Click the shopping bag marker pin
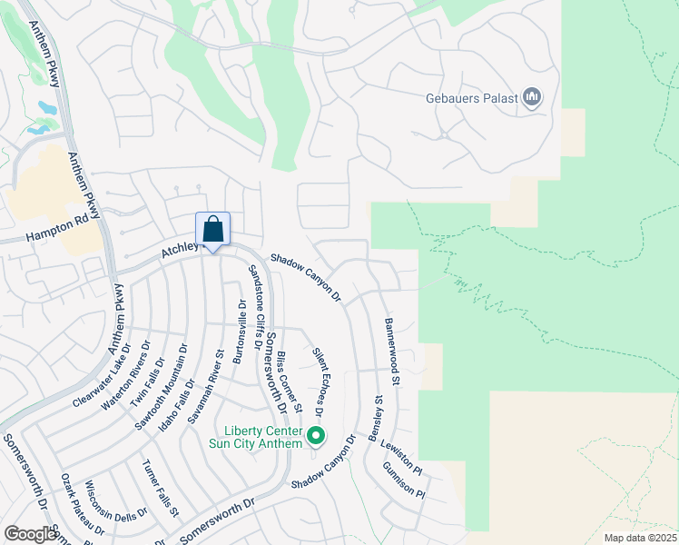213,230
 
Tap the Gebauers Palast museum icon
532,97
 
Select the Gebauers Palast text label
471,97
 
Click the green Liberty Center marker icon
316,437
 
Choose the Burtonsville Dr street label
240,336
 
